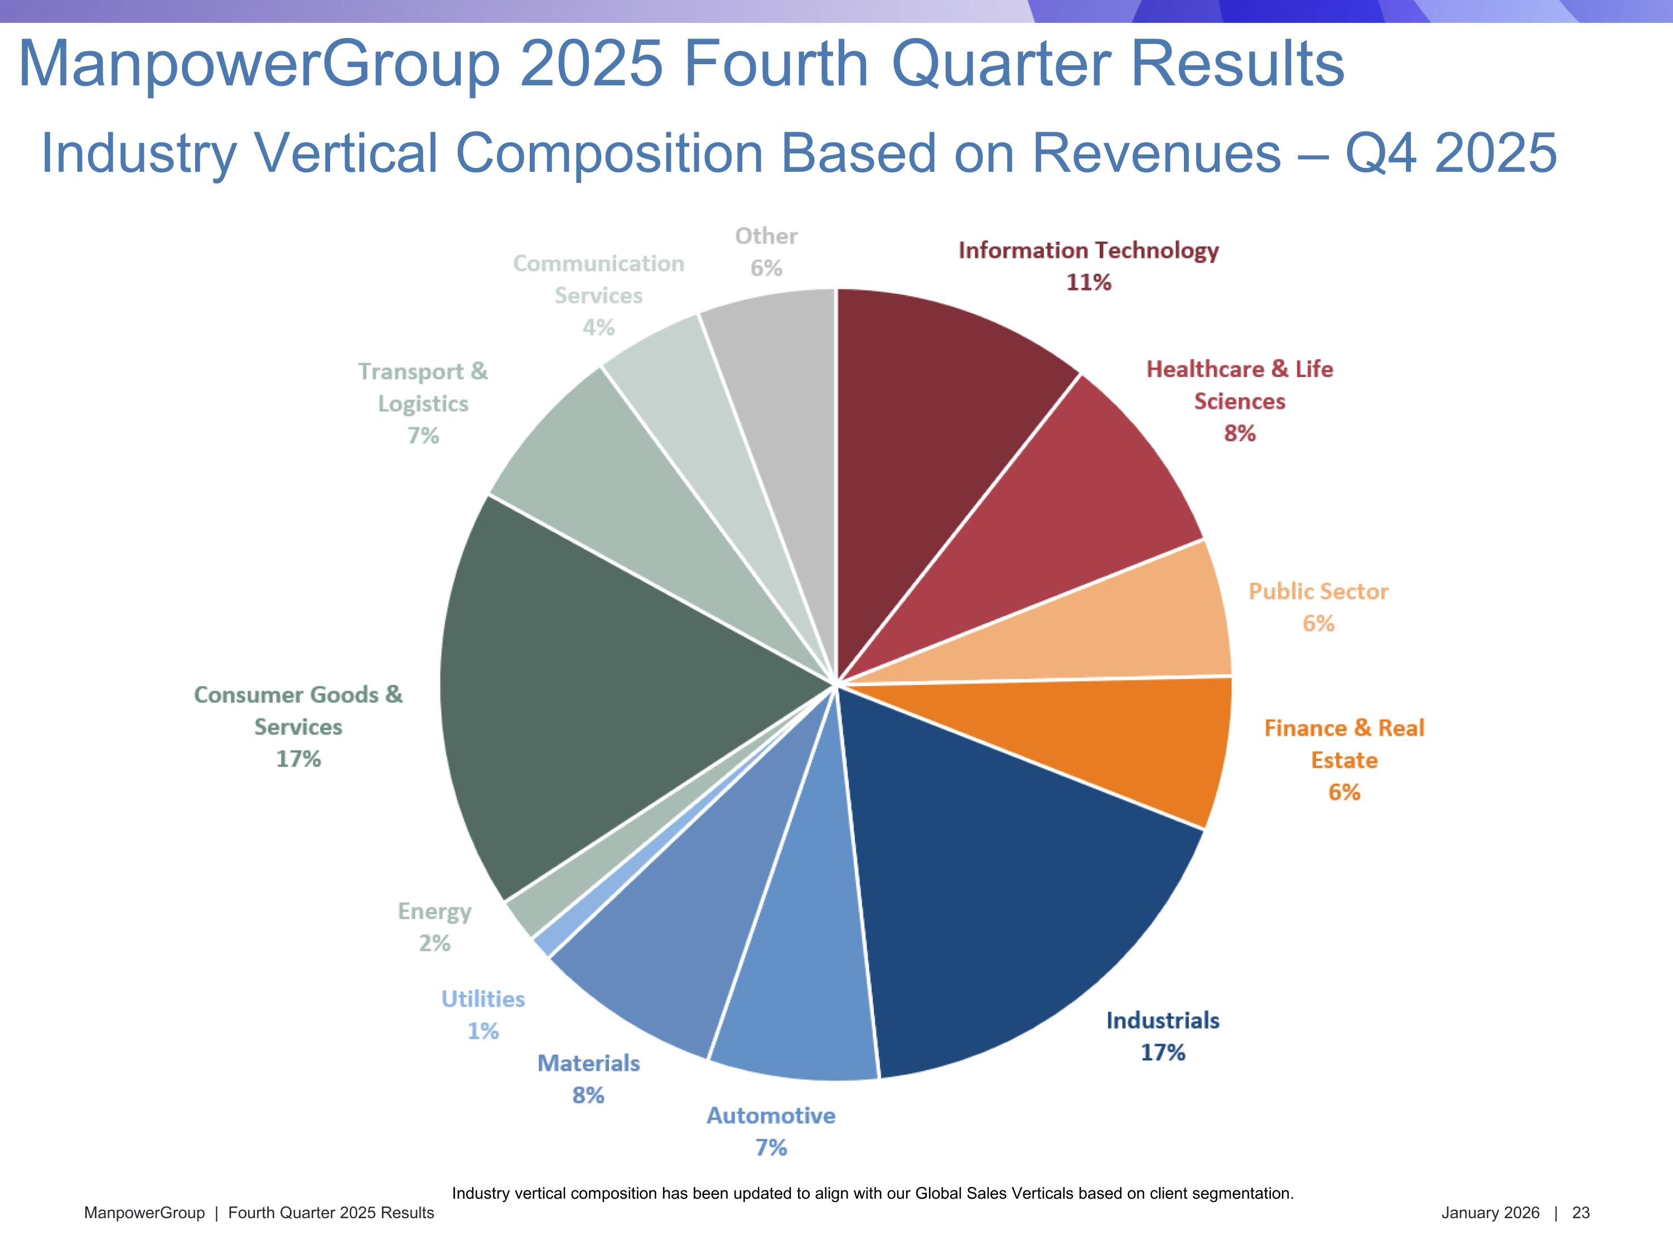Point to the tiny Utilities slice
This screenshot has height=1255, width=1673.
543,945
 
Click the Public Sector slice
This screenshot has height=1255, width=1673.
1097,631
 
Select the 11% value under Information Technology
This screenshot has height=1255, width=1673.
1089,282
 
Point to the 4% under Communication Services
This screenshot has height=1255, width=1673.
598,327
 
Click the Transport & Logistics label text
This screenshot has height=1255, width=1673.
423,387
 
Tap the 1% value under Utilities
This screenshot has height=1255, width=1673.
482,1031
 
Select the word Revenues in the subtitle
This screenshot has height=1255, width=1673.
1155,153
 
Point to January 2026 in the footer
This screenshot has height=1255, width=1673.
1490,1213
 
